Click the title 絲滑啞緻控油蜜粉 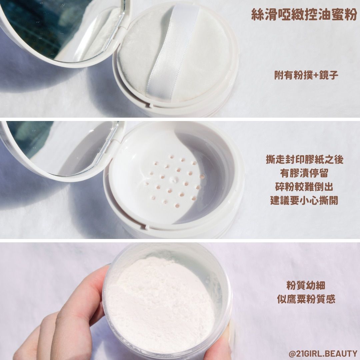point(304,15)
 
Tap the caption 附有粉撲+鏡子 point(306,75)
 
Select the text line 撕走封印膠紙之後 point(304,160)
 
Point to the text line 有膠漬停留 point(304,173)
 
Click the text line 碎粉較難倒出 point(304,187)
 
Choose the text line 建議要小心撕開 point(304,200)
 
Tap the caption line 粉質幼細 point(306,285)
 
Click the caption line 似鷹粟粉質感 point(306,299)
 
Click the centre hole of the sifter point(174,180)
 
